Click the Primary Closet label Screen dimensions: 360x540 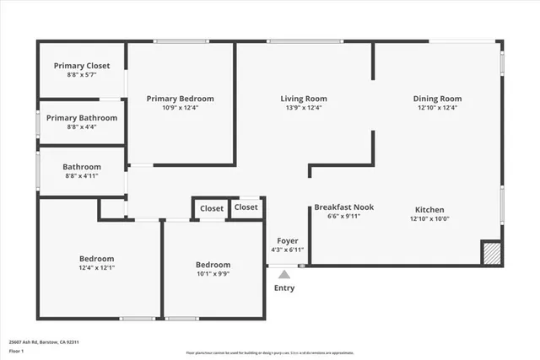[x=82, y=66]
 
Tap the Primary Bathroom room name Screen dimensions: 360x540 [x=82, y=118]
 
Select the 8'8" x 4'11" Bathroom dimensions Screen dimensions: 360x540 [x=82, y=176]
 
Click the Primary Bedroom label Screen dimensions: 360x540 [x=180, y=99]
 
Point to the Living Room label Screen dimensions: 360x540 [x=303, y=99]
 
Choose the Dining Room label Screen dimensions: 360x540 [x=437, y=99]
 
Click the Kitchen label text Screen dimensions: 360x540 [x=429, y=210]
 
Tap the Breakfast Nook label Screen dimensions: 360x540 [x=343, y=207]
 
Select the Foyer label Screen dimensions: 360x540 [x=284, y=241]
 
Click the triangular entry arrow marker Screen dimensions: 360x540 [x=284, y=272]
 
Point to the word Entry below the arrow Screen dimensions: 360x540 [x=284, y=288]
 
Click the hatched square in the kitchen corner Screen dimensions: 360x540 [x=491, y=253]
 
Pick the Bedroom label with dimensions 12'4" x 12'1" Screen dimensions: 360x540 [x=96, y=259]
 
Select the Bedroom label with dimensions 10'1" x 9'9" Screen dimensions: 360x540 [x=213, y=263]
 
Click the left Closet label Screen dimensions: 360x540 [x=212, y=208]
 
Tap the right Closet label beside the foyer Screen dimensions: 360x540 [x=246, y=207]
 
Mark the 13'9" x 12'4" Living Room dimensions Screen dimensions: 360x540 [x=303, y=107]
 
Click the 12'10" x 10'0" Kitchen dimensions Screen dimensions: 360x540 [x=429, y=219]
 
